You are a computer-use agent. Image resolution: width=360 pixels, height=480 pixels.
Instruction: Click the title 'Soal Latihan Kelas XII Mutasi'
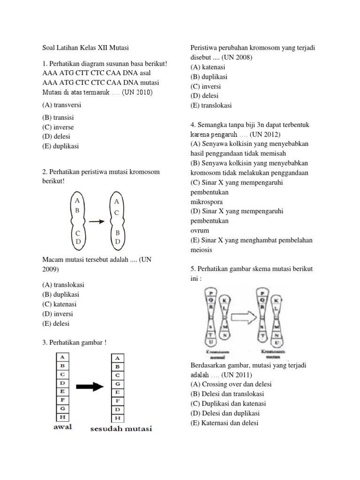(85, 48)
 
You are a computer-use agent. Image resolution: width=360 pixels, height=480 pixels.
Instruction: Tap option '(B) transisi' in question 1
(58, 118)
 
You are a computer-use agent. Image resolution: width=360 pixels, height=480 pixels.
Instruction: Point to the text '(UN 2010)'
(138, 92)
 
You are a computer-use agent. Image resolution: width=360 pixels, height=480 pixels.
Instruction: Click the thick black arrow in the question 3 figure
(90, 387)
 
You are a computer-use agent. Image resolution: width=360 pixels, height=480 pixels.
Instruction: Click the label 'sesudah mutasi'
(121, 428)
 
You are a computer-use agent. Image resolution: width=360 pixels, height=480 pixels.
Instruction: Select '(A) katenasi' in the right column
(210, 67)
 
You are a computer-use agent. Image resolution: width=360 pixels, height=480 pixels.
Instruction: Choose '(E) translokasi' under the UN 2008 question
(211, 105)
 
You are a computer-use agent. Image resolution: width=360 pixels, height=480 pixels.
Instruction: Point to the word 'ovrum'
(200, 231)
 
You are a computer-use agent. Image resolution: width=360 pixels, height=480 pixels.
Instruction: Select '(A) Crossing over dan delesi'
(231, 384)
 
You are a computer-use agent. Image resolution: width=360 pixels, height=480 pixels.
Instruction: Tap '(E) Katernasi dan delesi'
(224, 423)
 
